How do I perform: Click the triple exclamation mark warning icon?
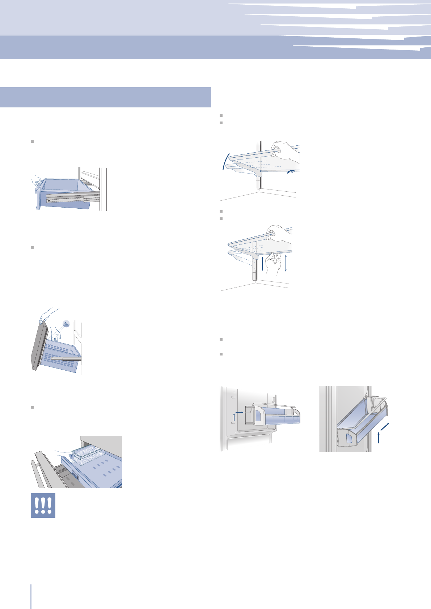(x=43, y=505)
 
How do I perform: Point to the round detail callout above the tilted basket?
(x=66, y=324)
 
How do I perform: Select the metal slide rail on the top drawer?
(x=72, y=197)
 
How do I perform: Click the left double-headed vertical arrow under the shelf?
(x=262, y=266)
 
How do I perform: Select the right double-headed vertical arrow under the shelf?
(x=286, y=263)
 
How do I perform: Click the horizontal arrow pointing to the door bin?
(x=239, y=412)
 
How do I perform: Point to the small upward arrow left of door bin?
(x=234, y=418)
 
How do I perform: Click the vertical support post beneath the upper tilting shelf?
(x=258, y=181)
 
